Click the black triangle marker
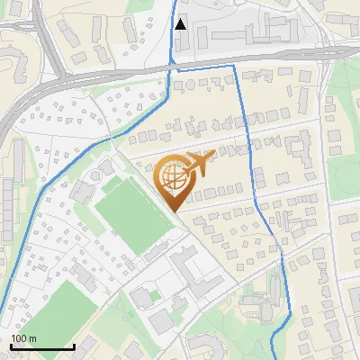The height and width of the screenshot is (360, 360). tap(181, 24)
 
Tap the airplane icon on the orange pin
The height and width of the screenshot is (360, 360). tap(198, 164)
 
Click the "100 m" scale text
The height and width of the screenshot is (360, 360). tap(23, 338)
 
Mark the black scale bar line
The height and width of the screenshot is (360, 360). tap(42, 346)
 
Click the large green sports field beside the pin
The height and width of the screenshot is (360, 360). tap(130, 212)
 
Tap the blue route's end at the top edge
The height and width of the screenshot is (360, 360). tap(175, 3)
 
